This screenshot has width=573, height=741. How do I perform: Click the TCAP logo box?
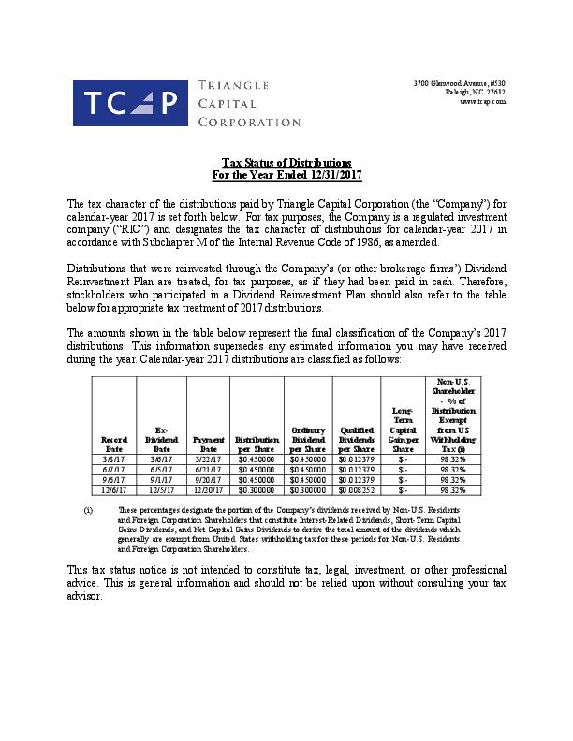point(130,103)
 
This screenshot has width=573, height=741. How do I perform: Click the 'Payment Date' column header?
point(208,443)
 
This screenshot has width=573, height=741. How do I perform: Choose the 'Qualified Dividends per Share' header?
point(356,438)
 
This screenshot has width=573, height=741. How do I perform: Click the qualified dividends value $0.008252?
point(356,489)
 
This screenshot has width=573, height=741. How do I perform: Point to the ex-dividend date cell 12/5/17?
point(161,489)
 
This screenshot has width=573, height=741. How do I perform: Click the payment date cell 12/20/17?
point(208,489)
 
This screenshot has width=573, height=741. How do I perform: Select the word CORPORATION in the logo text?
point(249,122)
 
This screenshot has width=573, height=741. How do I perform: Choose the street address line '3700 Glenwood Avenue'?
point(459,83)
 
